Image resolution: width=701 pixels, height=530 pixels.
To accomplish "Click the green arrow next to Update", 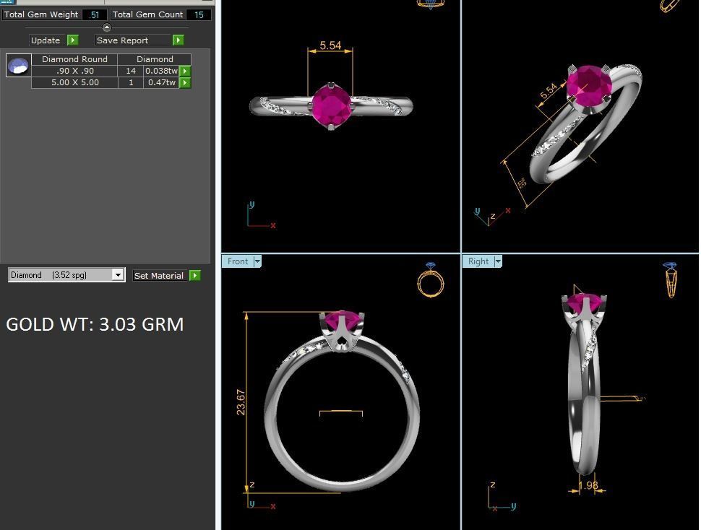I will [x=72, y=40].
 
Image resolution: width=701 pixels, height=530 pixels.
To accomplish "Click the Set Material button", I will [x=159, y=276].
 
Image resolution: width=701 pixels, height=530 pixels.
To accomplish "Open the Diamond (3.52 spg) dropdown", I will [x=117, y=275].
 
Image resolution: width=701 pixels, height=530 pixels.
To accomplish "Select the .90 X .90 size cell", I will [x=74, y=71].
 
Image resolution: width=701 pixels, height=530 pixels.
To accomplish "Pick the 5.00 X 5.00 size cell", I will [x=74, y=82].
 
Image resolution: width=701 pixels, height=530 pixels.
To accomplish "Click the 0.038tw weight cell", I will [x=161, y=71].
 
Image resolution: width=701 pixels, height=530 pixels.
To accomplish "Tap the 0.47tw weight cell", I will [x=161, y=82].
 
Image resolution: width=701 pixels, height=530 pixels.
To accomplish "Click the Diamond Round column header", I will [x=74, y=59].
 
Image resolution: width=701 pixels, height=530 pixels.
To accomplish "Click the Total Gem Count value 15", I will [x=199, y=14].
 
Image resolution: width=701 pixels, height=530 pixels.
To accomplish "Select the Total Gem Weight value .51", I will [x=94, y=14].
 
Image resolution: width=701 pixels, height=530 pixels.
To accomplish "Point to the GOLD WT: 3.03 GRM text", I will [x=95, y=324].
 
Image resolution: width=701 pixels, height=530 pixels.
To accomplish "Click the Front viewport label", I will [x=237, y=261].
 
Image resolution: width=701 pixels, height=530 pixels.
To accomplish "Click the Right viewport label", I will [x=478, y=261].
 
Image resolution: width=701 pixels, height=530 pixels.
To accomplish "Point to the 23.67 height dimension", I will [x=241, y=402].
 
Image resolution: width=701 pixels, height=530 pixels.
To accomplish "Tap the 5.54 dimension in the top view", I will [x=330, y=45].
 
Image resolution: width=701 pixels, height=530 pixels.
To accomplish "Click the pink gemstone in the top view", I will [x=331, y=106].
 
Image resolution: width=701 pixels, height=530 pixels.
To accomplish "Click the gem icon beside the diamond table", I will [x=18, y=66].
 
